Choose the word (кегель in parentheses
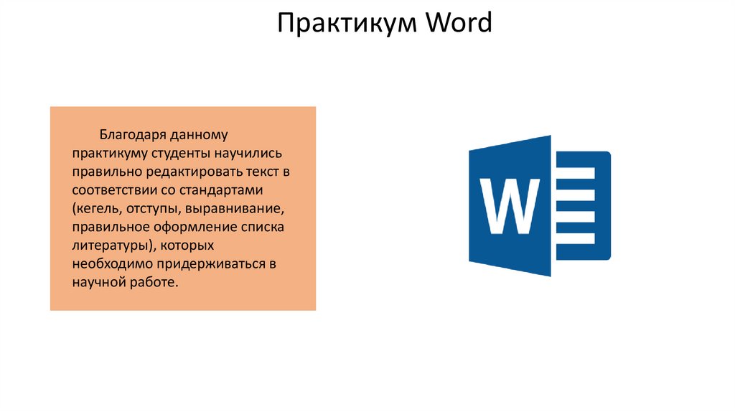98,209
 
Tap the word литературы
111,246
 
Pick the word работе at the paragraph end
152,284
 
